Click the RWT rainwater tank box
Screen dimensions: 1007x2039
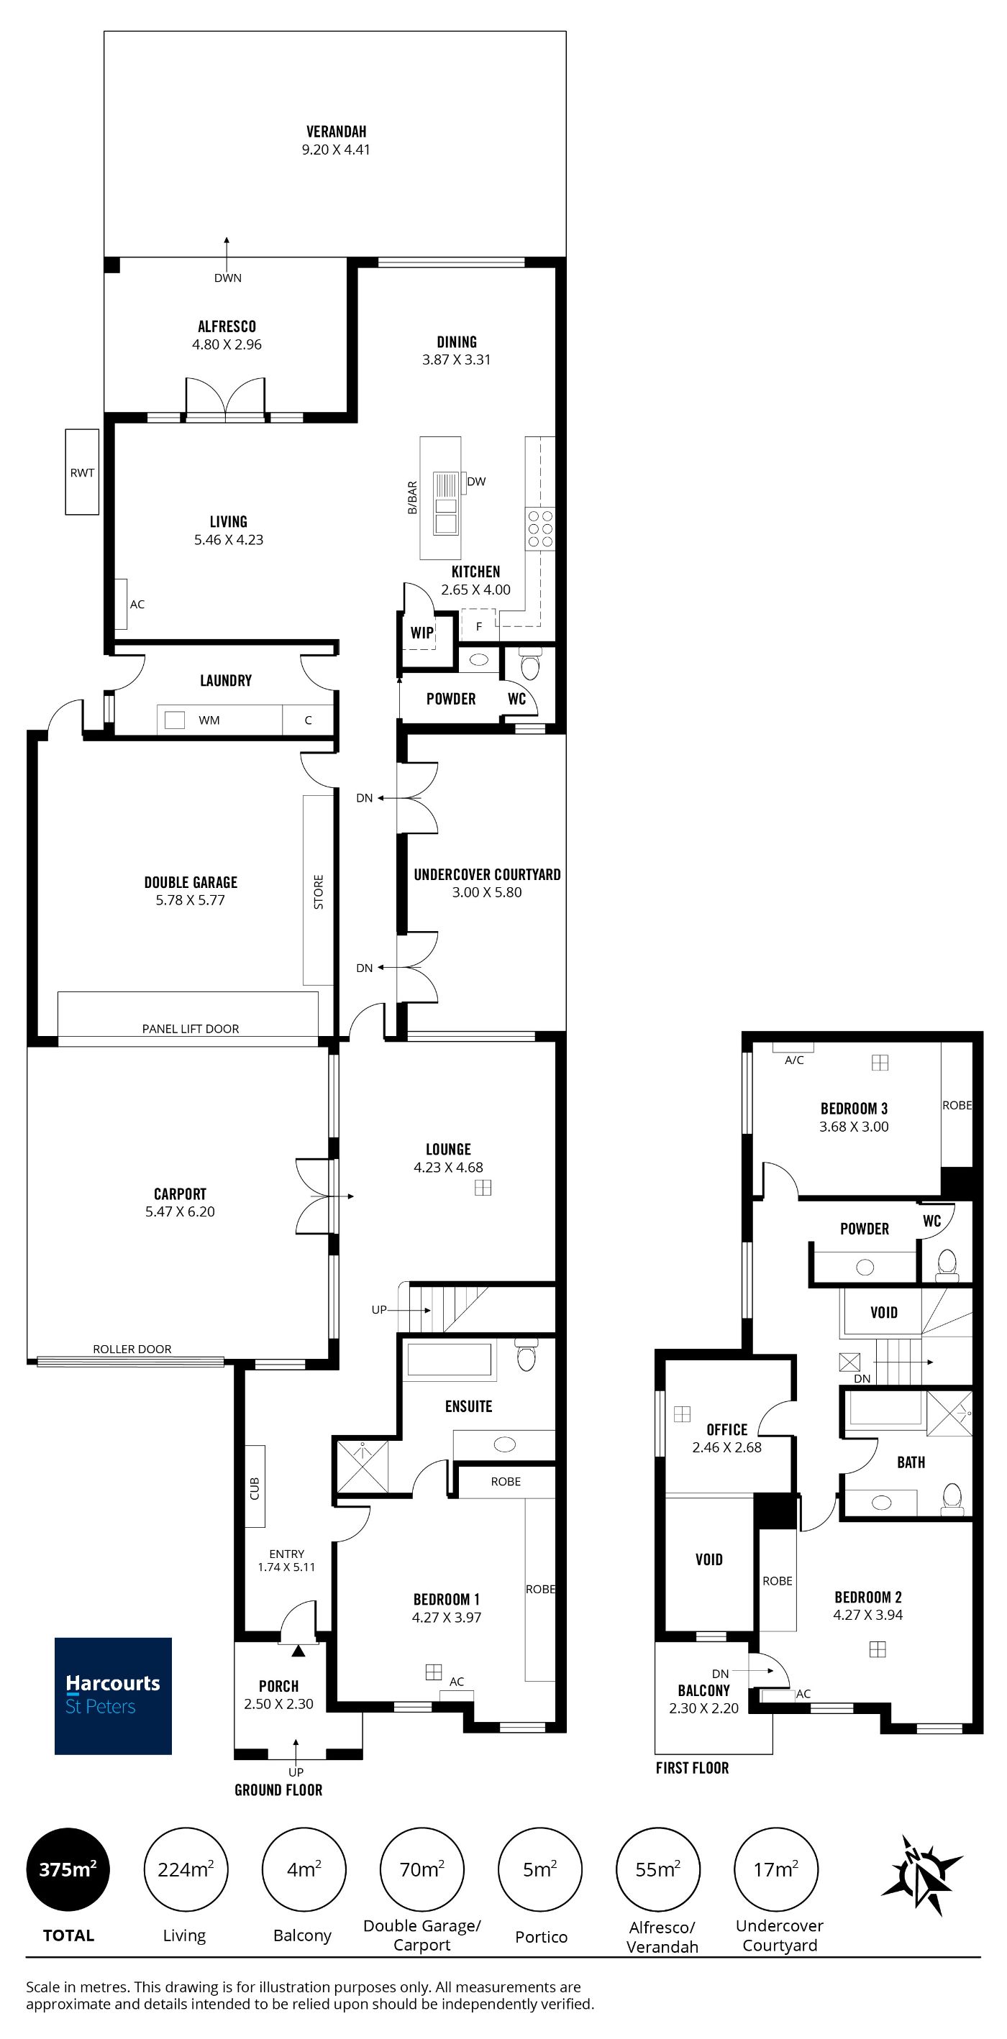tap(82, 472)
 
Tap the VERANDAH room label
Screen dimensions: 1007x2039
tap(337, 132)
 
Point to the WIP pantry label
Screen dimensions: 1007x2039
tap(422, 633)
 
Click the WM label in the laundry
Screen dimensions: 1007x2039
tap(209, 720)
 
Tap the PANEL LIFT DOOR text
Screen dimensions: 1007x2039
tap(191, 1029)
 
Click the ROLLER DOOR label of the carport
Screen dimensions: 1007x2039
tap(132, 1350)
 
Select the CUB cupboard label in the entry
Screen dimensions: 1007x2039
tap(255, 1489)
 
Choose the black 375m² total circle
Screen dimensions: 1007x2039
tap(68, 1869)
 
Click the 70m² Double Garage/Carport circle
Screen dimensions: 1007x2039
tap(422, 1869)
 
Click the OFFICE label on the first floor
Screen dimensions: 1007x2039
tap(726, 1429)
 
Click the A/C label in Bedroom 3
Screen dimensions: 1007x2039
tap(794, 1060)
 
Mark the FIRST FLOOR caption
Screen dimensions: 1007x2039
tap(692, 1768)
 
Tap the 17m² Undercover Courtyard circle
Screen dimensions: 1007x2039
tap(777, 1869)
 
